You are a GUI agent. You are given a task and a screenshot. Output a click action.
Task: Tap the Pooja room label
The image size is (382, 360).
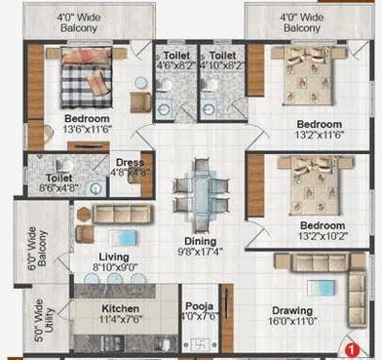(x=200, y=302)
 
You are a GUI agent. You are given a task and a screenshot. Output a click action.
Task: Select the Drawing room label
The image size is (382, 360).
(x=291, y=311)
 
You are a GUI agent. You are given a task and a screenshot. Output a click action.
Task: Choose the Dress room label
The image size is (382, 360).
(x=131, y=162)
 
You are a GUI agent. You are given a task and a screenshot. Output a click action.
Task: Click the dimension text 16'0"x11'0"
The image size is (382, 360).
(x=291, y=324)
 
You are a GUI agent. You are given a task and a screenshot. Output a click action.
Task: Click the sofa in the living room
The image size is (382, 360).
(x=121, y=215)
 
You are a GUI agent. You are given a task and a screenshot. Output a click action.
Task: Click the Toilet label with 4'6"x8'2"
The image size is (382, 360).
(x=175, y=57)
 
